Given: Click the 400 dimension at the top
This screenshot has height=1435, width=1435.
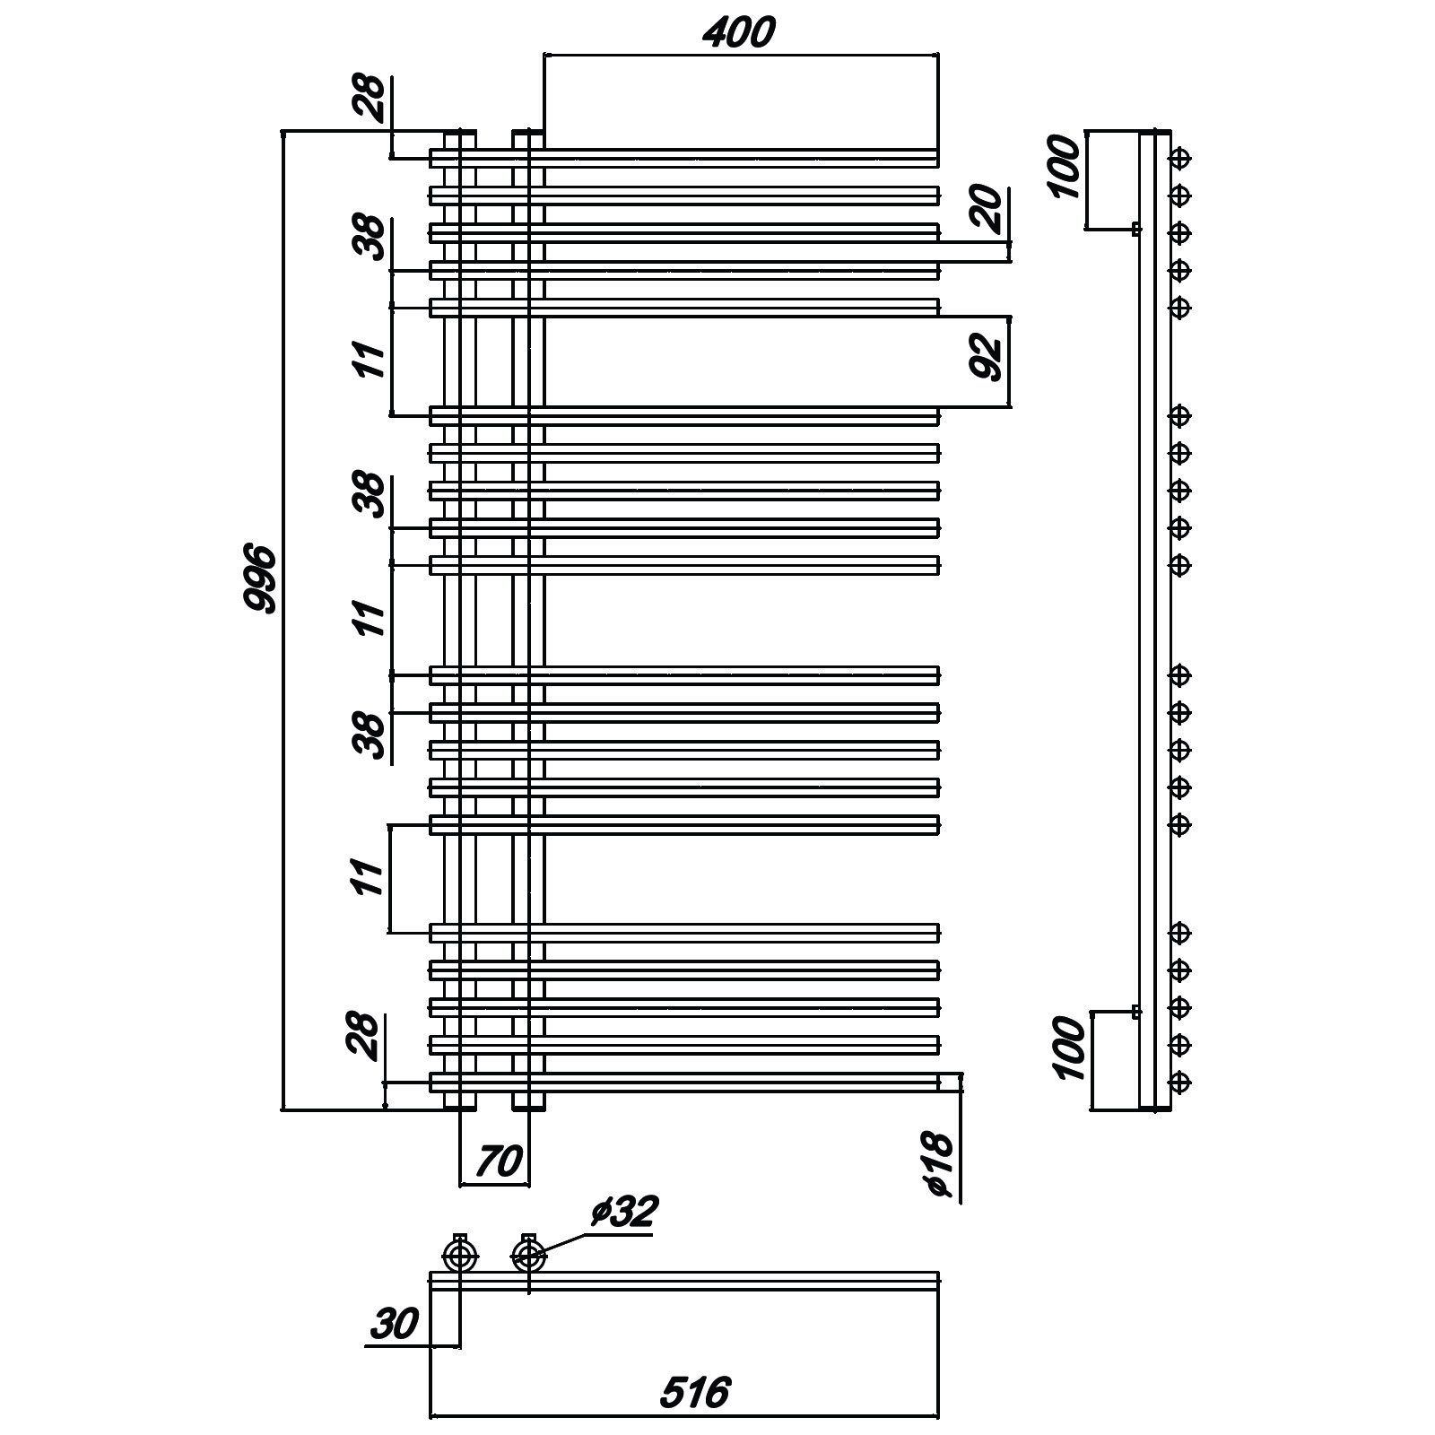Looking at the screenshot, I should tap(737, 33).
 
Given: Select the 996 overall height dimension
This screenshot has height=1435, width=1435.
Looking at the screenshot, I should tap(261, 578).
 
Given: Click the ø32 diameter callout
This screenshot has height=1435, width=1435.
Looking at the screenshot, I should tap(624, 1212).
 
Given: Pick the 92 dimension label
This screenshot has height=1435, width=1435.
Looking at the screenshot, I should tap(986, 356).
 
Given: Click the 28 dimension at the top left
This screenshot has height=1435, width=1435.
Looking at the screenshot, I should tap(370, 100).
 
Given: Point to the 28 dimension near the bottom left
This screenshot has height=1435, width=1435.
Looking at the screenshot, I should tap(362, 1037).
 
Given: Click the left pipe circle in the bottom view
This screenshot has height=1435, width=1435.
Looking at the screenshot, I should tap(460, 1256).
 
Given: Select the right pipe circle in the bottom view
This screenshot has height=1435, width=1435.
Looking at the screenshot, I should tap(527, 1256).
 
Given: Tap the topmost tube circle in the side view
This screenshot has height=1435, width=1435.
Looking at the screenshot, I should tap(1181, 158).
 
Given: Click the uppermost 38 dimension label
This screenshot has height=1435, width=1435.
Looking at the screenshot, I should tap(371, 238).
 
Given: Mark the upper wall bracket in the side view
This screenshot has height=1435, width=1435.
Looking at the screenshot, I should tap(1136, 229).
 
